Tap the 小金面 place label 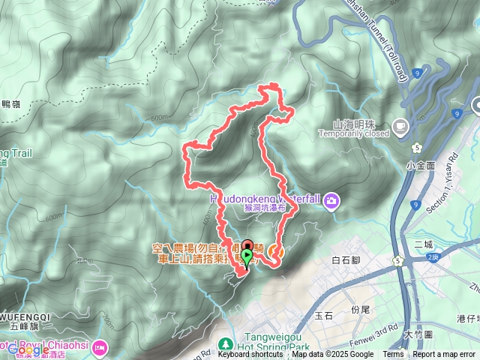coord(421,164)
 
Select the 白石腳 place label coord(346,259)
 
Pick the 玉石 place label coord(324,316)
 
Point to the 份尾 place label coord(361,309)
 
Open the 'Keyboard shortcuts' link coord(250,355)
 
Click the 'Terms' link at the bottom coord(393,355)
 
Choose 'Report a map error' coord(445,355)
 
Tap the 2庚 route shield coord(430,257)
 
